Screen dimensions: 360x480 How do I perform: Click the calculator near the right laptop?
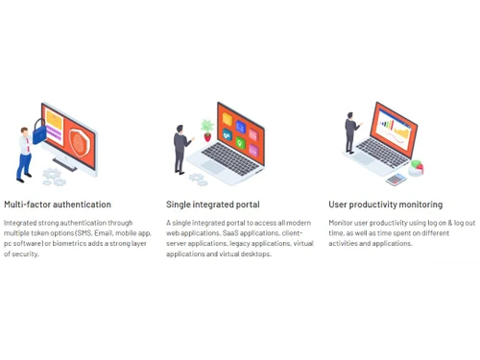pyautogui.click(x=396, y=179)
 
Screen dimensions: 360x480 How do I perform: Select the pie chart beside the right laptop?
pyautogui.click(x=417, y=168)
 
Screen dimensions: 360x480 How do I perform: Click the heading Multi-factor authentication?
pyautogui.click(x=58, y=204)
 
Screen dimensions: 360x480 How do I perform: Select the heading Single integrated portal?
pyautogui.click(x=213, y=204)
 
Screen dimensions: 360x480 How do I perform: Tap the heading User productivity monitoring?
pyautogui.click(x=386, y=204)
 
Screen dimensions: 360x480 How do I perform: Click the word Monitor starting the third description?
pyautogui.click(x=343, y=223)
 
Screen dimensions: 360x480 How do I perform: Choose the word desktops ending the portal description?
pyautogui.click(x=255, y=254)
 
